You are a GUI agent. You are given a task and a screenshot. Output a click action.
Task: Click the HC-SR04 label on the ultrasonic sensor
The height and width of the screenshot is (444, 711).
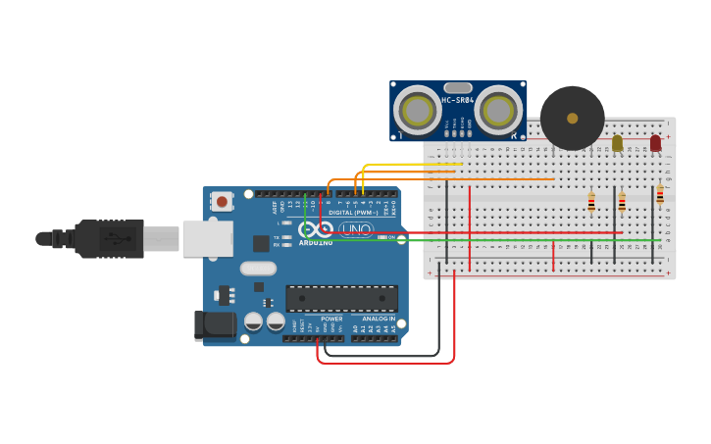pyautogui.click(x=457, y=100)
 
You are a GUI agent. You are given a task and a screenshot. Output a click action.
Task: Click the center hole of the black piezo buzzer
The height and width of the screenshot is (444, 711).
pyautogui.click(x=572, y=119)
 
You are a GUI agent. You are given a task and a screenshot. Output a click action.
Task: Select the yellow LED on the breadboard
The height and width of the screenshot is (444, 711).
pyautogui.click(x=617, y=143)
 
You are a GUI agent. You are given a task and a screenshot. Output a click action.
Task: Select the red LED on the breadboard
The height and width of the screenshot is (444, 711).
pyautogui.click(x=655, y=143)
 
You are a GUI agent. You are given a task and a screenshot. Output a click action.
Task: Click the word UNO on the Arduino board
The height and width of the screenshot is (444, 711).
pyautogui.click(x=356, y=229)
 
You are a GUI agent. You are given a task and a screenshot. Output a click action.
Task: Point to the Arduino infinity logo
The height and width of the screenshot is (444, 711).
pyautogui.click(x=316, y=228)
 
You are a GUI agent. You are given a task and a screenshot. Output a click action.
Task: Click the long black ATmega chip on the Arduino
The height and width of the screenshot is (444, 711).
pyautogui.click(x=341, y=299)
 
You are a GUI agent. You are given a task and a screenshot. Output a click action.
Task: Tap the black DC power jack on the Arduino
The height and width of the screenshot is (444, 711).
pyautogui.click(x=214, y=325)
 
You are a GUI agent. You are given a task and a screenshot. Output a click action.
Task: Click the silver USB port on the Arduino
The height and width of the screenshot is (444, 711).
pyautogui.click(x=207, y=238)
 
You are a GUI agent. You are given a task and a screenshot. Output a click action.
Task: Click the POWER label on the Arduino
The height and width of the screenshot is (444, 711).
pyautogui.click(x=331, y=319)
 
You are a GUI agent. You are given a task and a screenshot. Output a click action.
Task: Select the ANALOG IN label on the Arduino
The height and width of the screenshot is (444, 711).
pyautogui.click(x=379, y=319)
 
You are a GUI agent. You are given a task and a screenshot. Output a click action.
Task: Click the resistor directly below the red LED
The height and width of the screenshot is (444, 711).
pyautogui.click(x=660, y=195)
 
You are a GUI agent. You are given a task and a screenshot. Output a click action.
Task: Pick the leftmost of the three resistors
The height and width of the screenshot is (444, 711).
pyautogui.click(x=590, y=202)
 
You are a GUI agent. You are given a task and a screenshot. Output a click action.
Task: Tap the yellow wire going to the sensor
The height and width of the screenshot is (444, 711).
pyautogui.click(x=412, y=165)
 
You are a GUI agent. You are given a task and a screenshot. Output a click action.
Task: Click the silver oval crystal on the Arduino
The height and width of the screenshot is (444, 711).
pyautogui.click(x=258, y=268)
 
